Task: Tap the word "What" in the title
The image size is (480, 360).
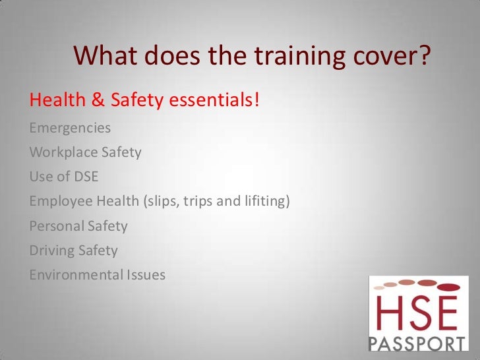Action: coord(102,57)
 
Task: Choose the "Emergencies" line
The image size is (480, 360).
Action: coord(70,128)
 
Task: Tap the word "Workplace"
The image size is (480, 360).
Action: coord(63,152)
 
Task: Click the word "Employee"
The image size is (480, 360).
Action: coord(59,202)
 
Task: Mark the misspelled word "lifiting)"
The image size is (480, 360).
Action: coord(266,202)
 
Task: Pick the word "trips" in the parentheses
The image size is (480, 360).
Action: coord(198,202)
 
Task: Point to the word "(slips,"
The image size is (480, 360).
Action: coord(159,202)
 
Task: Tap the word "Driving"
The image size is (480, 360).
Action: coord(51,251)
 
